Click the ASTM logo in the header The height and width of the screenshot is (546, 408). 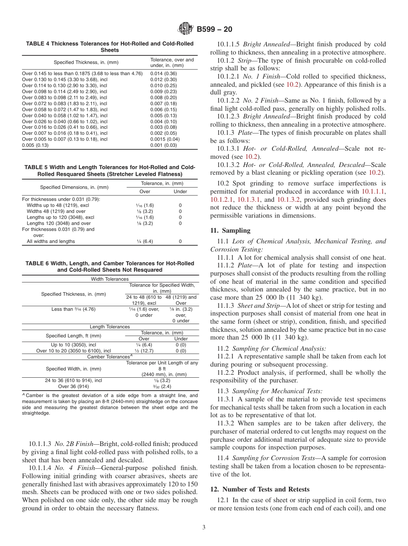(186, 29)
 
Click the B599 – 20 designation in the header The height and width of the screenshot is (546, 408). (215, 29)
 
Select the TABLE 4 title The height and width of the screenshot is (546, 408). (110, 47)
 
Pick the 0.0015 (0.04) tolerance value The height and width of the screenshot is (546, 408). (165, 139)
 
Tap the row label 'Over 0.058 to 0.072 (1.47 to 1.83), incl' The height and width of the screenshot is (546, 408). (64, 109)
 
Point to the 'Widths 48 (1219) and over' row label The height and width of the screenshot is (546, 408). (56, 211)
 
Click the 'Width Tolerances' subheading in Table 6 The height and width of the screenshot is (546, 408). (110, 279)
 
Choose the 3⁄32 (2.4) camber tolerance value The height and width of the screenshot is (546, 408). (162, 386)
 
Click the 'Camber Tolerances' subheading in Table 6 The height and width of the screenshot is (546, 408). (110, 357)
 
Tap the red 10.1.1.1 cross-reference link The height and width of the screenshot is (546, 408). (373, 192)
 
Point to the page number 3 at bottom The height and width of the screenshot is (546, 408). (204, 528)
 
